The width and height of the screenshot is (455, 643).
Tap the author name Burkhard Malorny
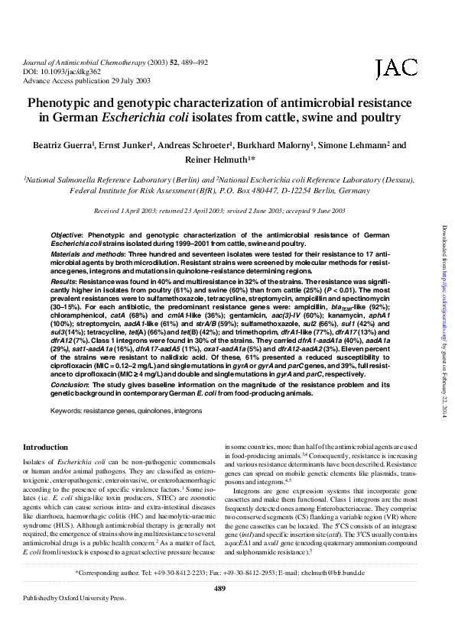pyautogui.click(x=285, y=144)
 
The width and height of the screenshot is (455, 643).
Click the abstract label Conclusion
pyautogui.click(x=71, y=383)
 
